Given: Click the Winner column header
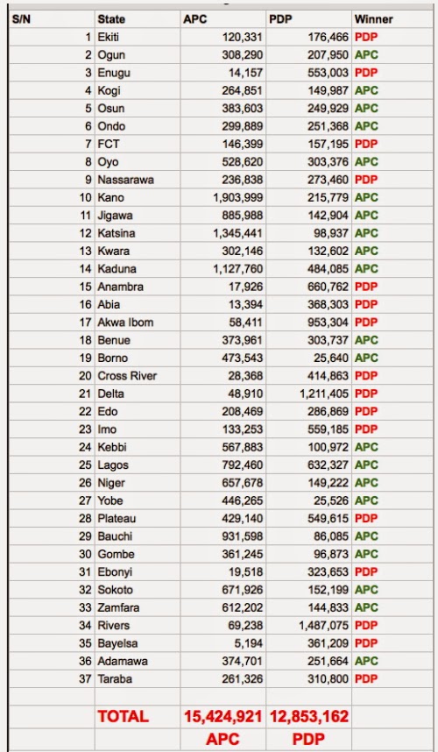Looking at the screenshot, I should coord(373,18).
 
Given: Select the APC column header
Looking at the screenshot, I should coord(194,18).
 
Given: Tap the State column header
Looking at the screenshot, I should coord(111,18).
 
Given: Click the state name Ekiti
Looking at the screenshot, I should coord(109,37).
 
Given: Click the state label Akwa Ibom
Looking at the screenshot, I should coord(125,322).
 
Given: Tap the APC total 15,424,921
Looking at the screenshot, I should coord(223,716).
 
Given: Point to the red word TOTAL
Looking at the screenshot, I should coord(123,716).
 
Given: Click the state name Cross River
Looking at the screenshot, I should coord(127,375).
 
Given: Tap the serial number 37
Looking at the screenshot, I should coord(84,678).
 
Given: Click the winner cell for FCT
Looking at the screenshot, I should coord(366,143).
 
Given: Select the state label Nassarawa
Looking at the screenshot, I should coord(125,180).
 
